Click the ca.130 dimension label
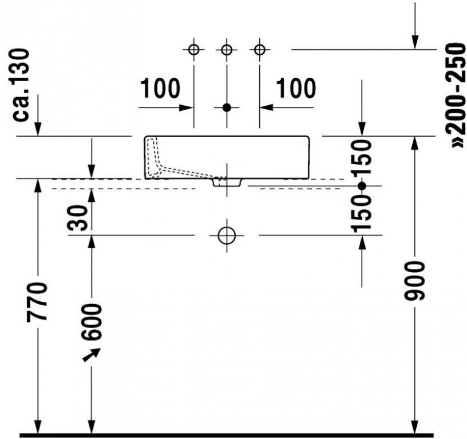[21, 85]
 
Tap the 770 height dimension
[37, 302]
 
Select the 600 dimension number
[92, 322]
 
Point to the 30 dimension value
[78, 218]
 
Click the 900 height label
[414, 281]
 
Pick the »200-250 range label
[456, 95]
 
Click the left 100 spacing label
[160, 88]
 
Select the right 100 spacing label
[296, 88]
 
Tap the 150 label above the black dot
[362, 157]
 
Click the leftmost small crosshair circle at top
[194, 49]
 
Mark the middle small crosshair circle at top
[227, 49]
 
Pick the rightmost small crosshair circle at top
[260, 49]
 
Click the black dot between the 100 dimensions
[227, 107]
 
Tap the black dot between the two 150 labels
[362, 186]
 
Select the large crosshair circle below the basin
[227, 236]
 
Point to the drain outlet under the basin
[227, 182]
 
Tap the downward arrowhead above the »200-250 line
[414, 42]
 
